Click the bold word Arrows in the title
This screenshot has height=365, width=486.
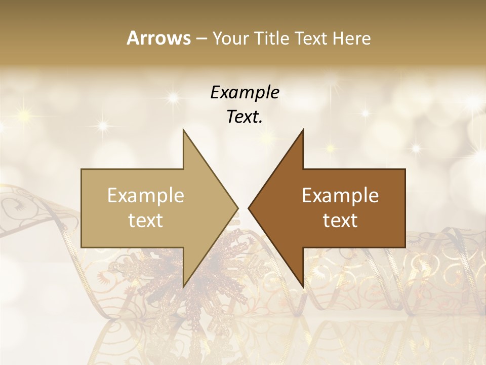point(158,38)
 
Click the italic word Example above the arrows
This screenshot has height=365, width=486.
point(245,93)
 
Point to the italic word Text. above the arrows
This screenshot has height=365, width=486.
point(245,117)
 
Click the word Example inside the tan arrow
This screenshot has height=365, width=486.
point(146,196)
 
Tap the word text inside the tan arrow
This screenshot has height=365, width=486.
point(146,221)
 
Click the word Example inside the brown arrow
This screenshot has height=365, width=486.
point(340,196)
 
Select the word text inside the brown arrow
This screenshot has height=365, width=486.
point(340,221)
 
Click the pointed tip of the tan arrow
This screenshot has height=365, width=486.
point(238,208)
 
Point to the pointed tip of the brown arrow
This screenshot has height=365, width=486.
point(249,208)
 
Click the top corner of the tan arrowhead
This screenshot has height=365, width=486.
point(183,129)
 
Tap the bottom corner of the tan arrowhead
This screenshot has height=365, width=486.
point(183,287)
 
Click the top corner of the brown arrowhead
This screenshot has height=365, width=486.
point(303,129)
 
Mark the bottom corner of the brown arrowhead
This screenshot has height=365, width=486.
point(303,287)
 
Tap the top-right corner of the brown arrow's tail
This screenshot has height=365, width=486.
point(405,169)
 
